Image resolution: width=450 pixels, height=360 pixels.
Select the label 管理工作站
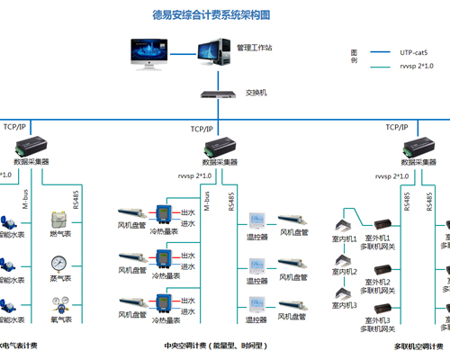coord(256,46)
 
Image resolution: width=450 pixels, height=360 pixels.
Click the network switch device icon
coord(213,93)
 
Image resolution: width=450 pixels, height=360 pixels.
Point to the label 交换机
coord(256,93)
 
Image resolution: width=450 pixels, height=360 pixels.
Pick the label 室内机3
coord(345,305)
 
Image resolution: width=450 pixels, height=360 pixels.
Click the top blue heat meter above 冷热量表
coord(164,214)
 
